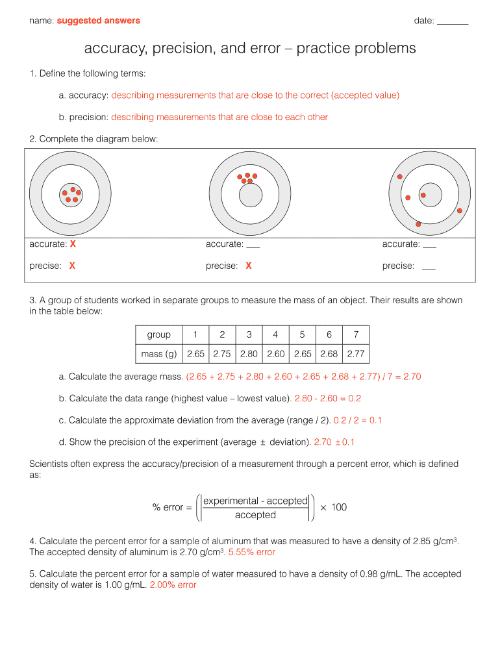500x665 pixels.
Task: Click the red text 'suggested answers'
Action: tap(98, 21)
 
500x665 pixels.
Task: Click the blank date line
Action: tap(453, 23)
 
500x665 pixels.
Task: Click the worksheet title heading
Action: tap(250, 49)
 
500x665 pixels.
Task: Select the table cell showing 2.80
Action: tap(249, 355)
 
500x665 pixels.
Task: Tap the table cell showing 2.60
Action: tap(275, 355)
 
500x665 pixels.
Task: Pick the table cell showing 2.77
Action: tap(356, 355)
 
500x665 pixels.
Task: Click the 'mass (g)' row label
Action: tap(159, 355)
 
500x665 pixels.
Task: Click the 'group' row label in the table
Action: tap(159, 335)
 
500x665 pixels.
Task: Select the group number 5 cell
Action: tap(302, 335)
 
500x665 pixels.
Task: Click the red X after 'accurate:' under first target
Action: tap(73, 244)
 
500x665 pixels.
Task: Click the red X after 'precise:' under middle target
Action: tap(249, 266)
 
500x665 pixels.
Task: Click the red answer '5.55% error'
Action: tap(252, 553)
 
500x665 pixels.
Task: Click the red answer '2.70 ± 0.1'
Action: tap(334, 443)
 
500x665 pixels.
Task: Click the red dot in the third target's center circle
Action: tap(423, 195)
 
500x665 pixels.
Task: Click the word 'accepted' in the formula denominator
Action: tap(255, 516)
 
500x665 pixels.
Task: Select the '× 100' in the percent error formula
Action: tap(334, 507)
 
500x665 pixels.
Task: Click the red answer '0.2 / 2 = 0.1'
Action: tap(357, 421)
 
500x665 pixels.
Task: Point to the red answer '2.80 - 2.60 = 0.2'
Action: tap(327, 399)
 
